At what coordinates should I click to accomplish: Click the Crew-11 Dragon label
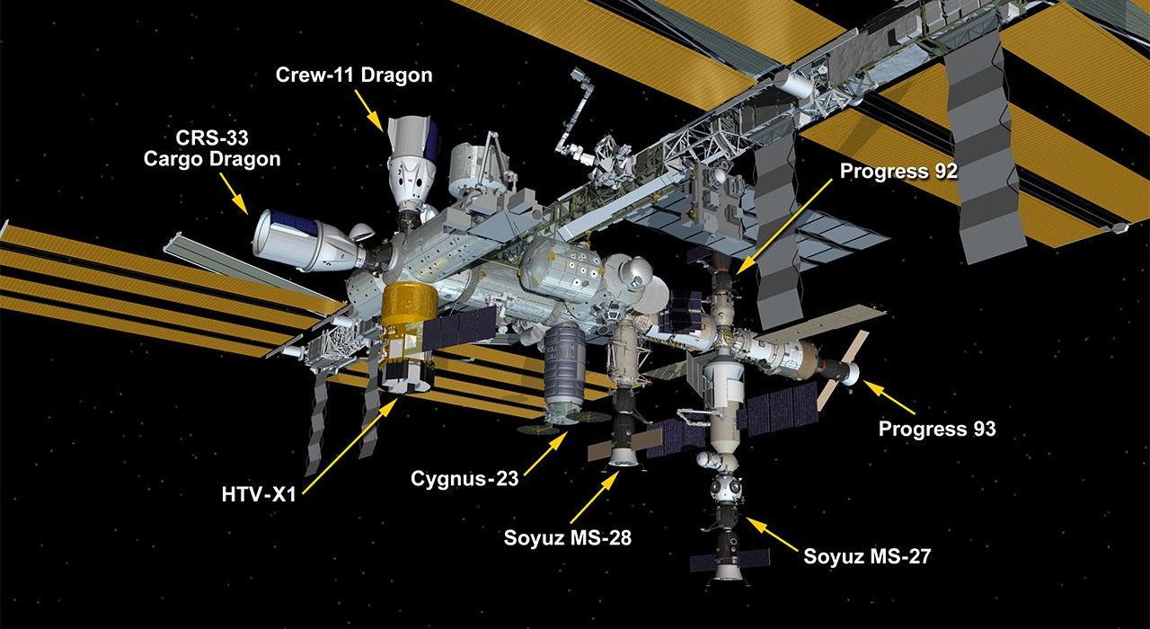pos(354,75)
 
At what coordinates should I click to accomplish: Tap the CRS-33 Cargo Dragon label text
pos(212,148)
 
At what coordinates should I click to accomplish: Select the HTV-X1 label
pos(260,494)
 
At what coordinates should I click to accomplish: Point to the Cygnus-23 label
pos(464,479)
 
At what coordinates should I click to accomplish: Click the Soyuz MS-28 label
pos(567,537)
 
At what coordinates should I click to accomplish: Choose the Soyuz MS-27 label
pos(867,556)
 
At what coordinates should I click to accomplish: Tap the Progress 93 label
pos(937,429)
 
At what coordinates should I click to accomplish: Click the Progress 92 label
pos(898,171)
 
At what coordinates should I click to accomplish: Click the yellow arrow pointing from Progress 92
pos(784,226)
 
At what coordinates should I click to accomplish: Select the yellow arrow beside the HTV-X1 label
pos(350,447)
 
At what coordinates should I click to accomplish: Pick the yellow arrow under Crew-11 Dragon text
pos(368,110)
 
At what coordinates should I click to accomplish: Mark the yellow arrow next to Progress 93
pos(889,397)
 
